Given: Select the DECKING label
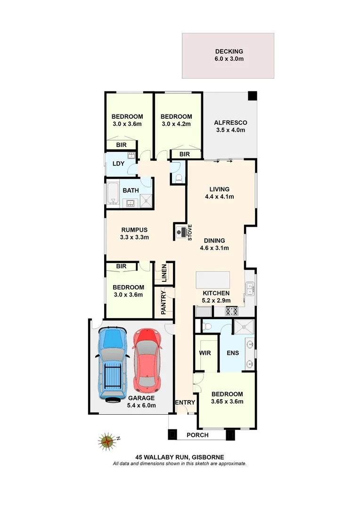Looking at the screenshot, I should tap(229, 52).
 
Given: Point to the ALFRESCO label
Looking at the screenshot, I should tap(230, 123).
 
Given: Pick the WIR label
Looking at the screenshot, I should tap(205, 353).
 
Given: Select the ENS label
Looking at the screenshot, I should tap(232, 353).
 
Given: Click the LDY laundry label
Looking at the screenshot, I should tap(118, 164).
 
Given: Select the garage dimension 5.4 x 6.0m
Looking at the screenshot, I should tap(142, 405).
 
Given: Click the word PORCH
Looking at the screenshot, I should tap(197, 435).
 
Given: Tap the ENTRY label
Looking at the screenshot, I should tap(185, 402).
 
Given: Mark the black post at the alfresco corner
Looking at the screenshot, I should tap(253, 96).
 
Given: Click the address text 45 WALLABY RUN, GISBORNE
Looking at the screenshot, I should tap(180, 457).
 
